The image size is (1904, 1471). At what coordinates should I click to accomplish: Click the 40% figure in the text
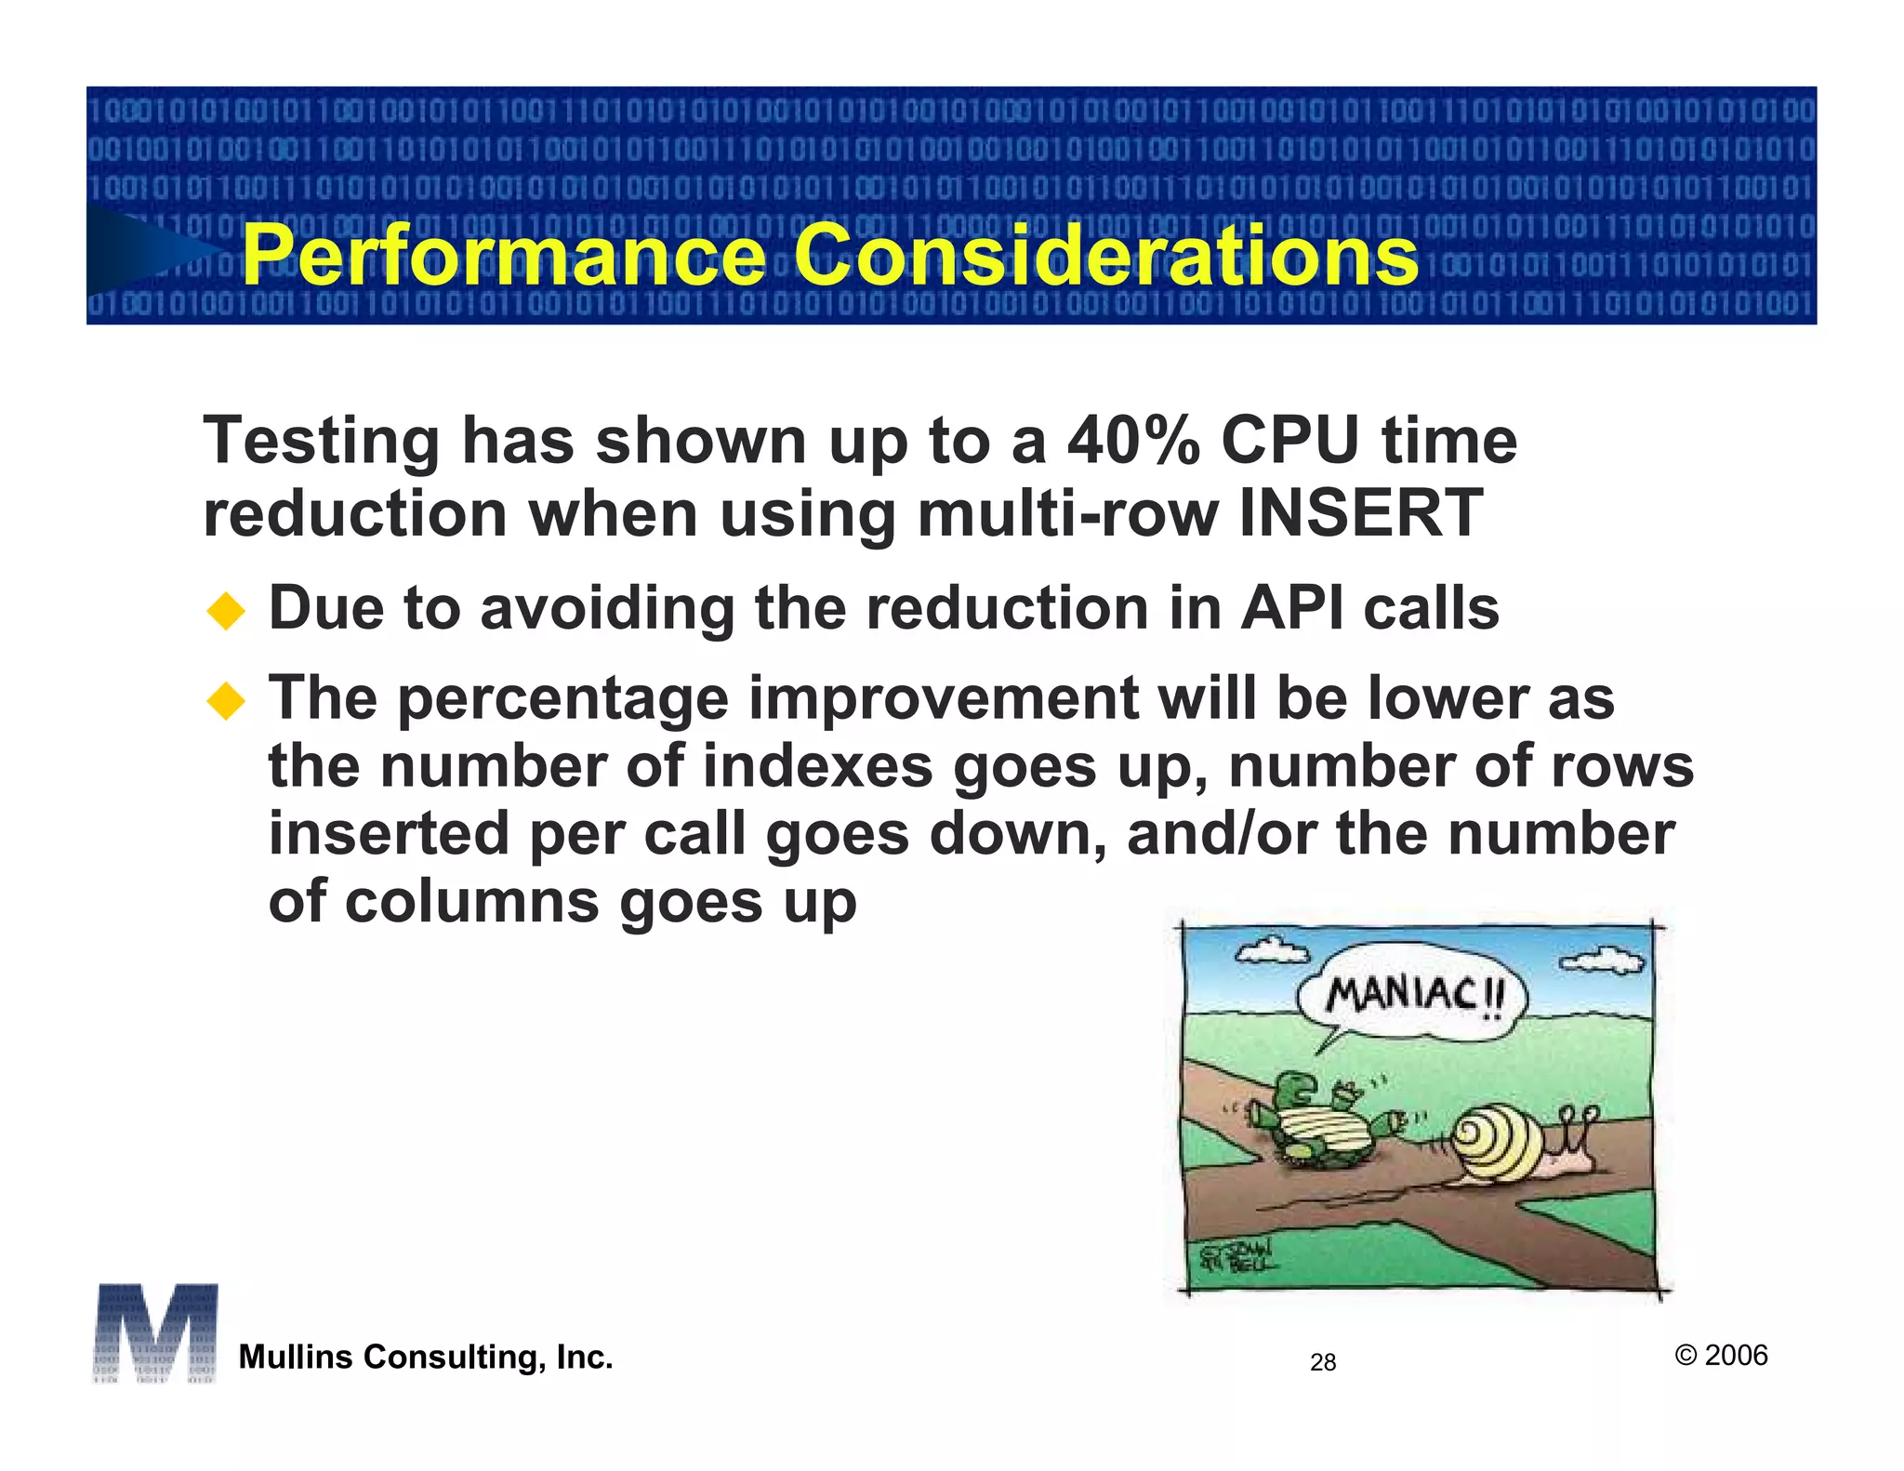click(1133, 440)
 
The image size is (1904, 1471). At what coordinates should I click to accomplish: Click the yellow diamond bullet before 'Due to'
click(226, 612)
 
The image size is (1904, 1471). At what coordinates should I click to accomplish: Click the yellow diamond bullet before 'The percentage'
click(226, 701)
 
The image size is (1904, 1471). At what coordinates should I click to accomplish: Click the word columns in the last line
click(471, 901)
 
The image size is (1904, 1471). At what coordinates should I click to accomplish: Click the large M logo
click(155, 1332)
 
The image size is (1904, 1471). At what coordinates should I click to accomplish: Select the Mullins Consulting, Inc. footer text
click(426, 1357)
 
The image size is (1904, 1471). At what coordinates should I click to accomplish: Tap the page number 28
click(1322, 1362)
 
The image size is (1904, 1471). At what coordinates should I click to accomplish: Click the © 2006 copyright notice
click(1721, 1355)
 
